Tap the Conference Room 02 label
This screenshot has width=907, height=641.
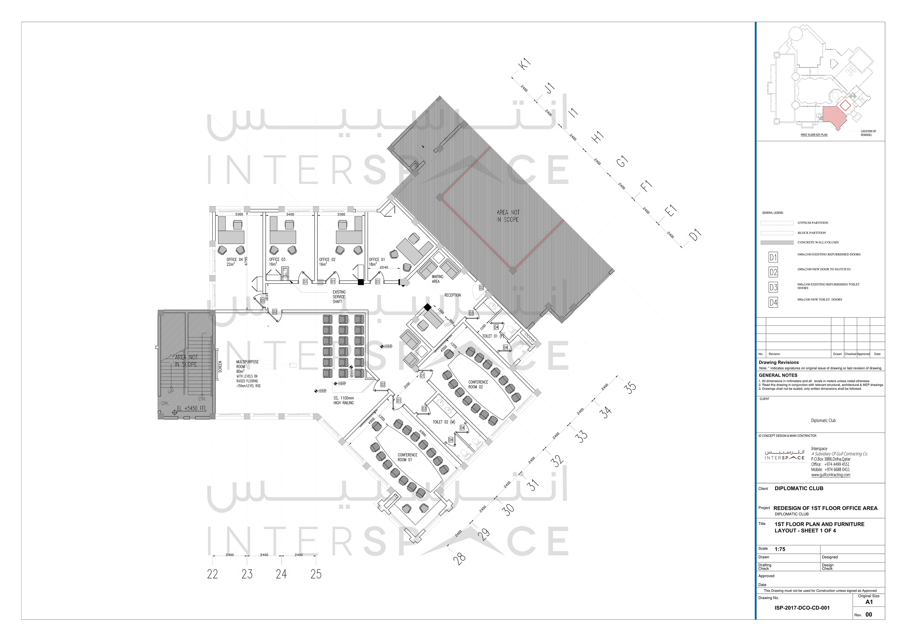click(478, 385)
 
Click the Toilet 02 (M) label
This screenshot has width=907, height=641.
click(444, 422)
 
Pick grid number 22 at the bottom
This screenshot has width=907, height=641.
click(213, 574)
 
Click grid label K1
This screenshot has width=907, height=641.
click(525, 65)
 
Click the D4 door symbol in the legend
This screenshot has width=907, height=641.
click(773, 303)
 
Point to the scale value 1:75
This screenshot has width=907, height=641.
click(780, 549)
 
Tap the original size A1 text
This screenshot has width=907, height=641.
click(869, 602)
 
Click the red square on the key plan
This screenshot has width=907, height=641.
click(845, 105)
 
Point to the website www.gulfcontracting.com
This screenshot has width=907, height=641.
click(831, 475)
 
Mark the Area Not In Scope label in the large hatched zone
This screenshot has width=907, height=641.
click(508, 216)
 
